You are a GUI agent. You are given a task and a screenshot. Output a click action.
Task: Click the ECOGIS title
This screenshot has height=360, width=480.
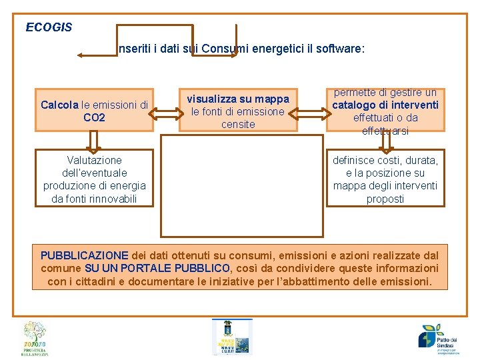[x=49, y=28]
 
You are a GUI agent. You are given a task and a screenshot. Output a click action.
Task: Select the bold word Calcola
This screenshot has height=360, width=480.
[x=59, y=105]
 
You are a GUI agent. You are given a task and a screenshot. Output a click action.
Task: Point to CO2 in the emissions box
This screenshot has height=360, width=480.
[x=94, y=118]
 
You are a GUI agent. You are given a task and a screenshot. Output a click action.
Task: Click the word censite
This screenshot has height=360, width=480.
[x=238, y=124]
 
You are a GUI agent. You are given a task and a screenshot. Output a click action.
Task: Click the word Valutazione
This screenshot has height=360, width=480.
[x=94, y=160]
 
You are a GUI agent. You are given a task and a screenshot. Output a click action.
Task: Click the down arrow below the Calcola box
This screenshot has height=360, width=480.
[x=94, y=141]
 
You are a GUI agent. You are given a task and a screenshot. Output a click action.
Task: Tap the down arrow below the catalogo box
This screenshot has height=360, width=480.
[x=385, y=141]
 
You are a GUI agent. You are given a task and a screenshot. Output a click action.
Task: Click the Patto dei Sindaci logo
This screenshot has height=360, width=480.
[x=439, y=337]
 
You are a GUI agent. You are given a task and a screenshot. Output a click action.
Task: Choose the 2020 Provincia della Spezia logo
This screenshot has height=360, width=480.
[x=35, y=339]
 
